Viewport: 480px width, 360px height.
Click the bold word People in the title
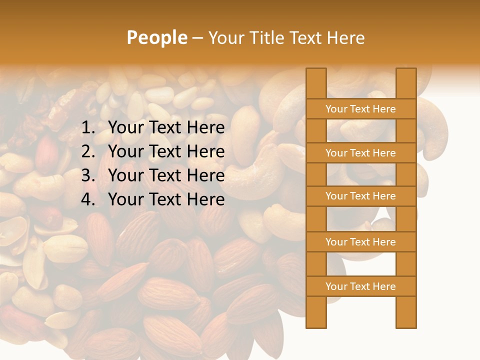[x=156, y=37]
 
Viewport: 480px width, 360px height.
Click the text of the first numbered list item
[x=166, y=128]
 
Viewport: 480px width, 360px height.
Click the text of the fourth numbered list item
[x=166, y=199]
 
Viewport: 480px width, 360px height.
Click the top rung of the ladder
[x=360, y=109]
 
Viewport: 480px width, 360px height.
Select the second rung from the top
[x=360, y=153]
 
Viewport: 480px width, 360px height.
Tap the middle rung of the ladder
[x=360, y=196]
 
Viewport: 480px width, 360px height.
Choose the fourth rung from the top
[x=360, y=242]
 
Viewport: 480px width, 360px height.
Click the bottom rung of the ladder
[x=360, y=286]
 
